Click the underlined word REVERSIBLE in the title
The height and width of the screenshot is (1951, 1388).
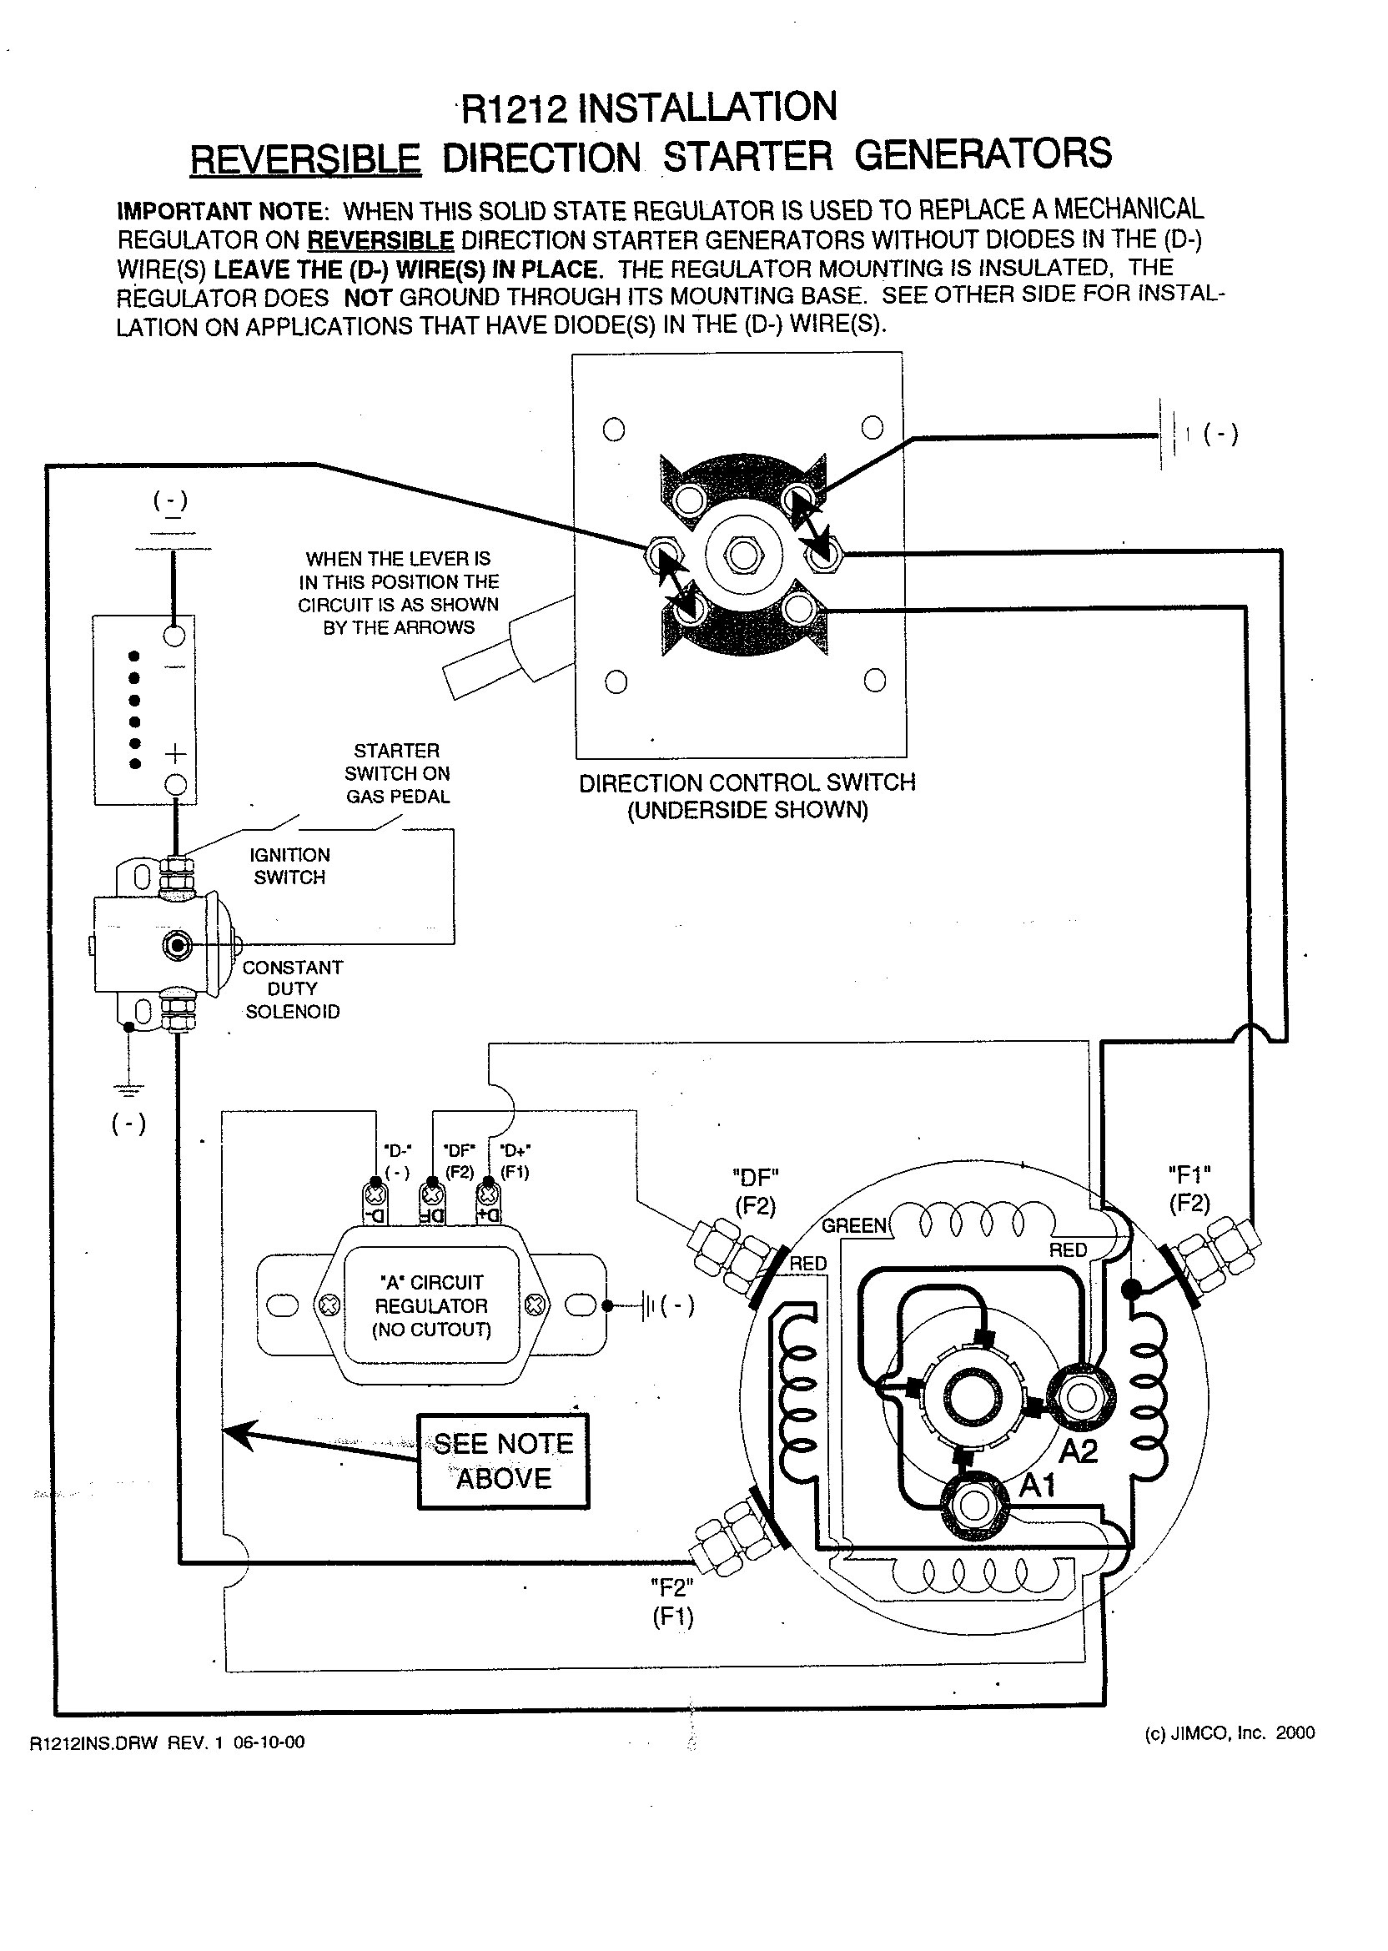[x=305, y=158]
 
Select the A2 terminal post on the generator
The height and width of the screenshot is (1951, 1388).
[x=1080, y=1398]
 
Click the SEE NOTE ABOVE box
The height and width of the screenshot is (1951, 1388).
[x=504, y=1461]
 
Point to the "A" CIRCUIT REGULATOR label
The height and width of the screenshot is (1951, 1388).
[x=431, y=1305]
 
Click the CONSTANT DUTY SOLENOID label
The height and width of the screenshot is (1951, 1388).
[x=292, y=988]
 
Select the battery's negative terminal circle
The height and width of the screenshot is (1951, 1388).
[x=174, y=635]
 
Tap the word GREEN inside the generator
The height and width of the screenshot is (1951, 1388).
[x=854, y=1226]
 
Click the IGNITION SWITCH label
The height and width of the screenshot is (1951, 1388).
[x=289, y=866]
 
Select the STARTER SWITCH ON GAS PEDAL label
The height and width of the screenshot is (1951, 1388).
[x=397, y=773]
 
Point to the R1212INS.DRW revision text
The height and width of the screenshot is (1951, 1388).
[x=167, y=1742]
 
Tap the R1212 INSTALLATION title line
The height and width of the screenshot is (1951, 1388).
[x=650, y=108]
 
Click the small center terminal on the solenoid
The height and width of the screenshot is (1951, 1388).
[x=178, y=945]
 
